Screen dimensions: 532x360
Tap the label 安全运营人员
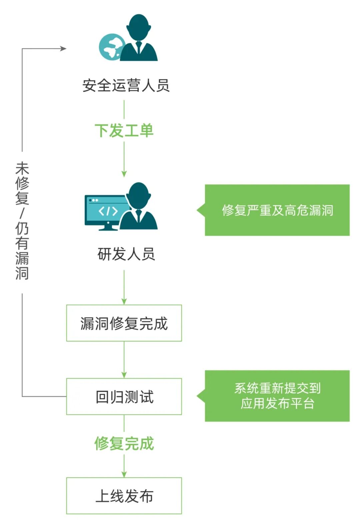[126, 86]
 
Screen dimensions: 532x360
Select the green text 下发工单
[124, 130]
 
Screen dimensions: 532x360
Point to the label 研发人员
[126, 254]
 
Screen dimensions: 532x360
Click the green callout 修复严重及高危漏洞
[277, 210]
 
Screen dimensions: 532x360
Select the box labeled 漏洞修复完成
[124, 323]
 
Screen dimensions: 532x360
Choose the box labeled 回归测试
[124, 397]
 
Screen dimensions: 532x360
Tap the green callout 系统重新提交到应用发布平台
[277, 396]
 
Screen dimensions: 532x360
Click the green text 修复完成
[124, 444]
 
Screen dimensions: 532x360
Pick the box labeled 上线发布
[124, 496]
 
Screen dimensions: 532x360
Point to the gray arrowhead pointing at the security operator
[63, 49]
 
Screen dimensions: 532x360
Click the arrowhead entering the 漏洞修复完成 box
[124, 301]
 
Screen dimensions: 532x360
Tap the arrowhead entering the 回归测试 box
[124, 375]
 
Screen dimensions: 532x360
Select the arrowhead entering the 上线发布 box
[124, 474]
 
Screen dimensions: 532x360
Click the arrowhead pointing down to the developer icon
[124, 174]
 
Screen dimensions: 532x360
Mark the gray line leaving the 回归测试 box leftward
[43, 397]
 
